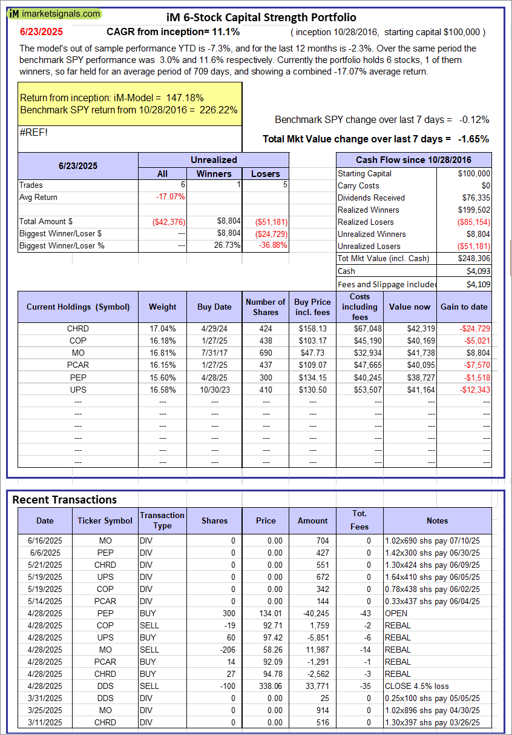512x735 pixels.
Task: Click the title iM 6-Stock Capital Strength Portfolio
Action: click(x=261, y=18)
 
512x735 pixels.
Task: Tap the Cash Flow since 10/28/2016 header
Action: click(x=414, y=160)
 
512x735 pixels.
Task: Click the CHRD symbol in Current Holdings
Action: click(x=78, y=328)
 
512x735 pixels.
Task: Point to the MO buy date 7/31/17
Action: click(x=214, y=353)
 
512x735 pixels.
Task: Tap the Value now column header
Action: click(x=410, y=307)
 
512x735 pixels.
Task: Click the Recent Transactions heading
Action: click(x=65, y=500)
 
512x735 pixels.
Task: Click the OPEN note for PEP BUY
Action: click(x=396, y=613)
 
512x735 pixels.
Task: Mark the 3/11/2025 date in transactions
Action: click(x=45, y=722)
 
